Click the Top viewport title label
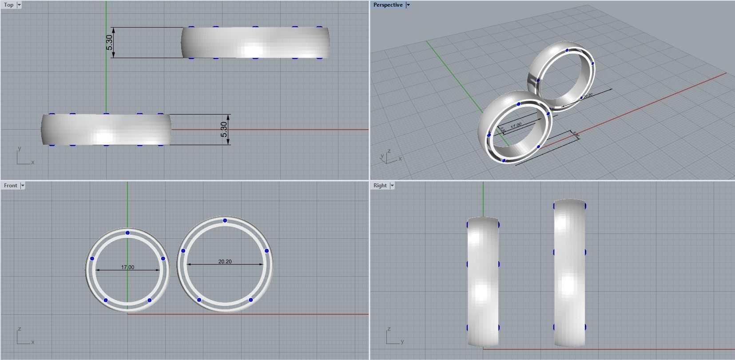tap(8, 5)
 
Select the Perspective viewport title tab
tap(388, 5)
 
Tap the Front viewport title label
tap(10, 186)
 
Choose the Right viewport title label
tap(380, 186)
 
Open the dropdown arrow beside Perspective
tap(408, 5)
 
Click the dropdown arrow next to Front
tap(23, 186)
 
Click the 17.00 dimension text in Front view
tap(127, 267)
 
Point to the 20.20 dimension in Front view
tap(225, 261)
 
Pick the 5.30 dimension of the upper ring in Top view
tap(110, 42)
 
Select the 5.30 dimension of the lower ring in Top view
tap(224, 129)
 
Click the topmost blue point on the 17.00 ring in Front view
tap(127, 233)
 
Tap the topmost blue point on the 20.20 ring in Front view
tap(225, 221)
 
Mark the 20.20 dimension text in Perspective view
tap(588, 95)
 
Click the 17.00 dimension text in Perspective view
tap(516, 126)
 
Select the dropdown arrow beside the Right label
tap(392, 186)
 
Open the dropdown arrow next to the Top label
tap(19, 5)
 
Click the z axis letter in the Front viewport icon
tap(20, 329)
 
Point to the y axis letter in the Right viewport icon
tap(402, 342)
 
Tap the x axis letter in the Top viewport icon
tap(33, 162)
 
